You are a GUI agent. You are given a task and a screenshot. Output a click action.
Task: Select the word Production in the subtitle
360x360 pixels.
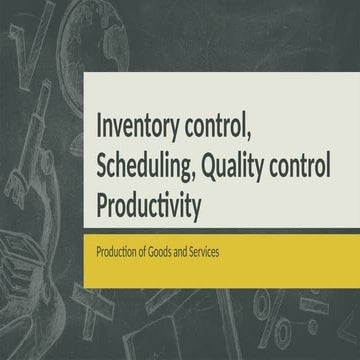pos(116,254)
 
